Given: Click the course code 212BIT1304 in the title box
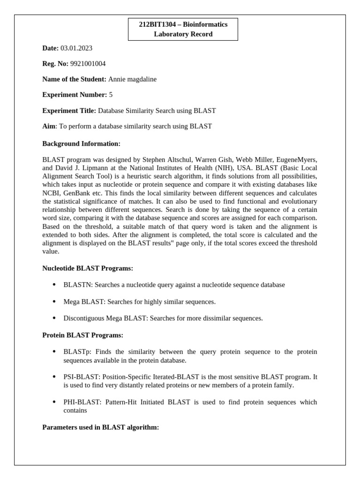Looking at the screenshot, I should (157, 24).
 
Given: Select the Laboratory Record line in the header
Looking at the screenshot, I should (183, 34).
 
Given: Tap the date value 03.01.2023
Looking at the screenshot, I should (76, 48).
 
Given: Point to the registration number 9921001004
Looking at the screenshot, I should (85, 63).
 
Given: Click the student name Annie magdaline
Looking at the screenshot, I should (132, 79).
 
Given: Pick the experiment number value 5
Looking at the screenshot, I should (111, 95).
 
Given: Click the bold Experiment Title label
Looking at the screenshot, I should (69, 111).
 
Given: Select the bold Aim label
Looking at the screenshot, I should (49, 126).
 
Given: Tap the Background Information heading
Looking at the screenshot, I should (81, 143).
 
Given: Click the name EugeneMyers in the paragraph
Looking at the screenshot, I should (299, 159).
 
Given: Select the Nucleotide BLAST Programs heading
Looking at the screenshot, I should (88, 268).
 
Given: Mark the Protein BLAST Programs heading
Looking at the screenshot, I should (82, 335).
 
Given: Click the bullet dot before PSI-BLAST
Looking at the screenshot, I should (54, 377).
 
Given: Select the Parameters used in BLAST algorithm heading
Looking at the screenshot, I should (100, 427).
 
